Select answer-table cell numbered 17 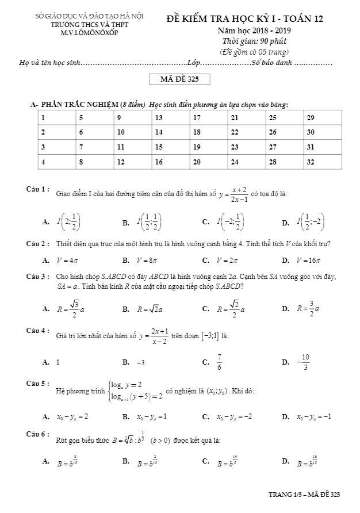[208, 118]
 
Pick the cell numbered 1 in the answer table [56, 118]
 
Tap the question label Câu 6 [37, 434]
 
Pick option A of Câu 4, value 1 [58, 362]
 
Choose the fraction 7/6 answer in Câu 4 [219, 362]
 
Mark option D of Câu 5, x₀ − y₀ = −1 [313, 416]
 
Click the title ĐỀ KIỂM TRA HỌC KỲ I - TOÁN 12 [245, 19]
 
